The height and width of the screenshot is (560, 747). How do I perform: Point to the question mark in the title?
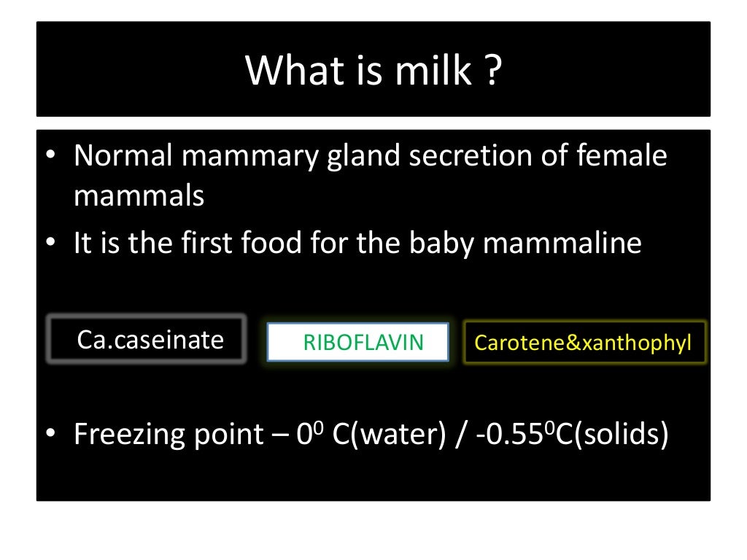click(492, 71)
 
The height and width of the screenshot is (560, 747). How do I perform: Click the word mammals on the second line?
click(139, 196)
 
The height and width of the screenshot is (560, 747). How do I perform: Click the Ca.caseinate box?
click(147, 339)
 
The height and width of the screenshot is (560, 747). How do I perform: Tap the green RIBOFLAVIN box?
click(357, 342)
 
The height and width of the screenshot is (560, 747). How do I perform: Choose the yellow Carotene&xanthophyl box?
click(584, 343)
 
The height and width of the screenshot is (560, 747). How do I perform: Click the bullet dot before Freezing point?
click(50, 435)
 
